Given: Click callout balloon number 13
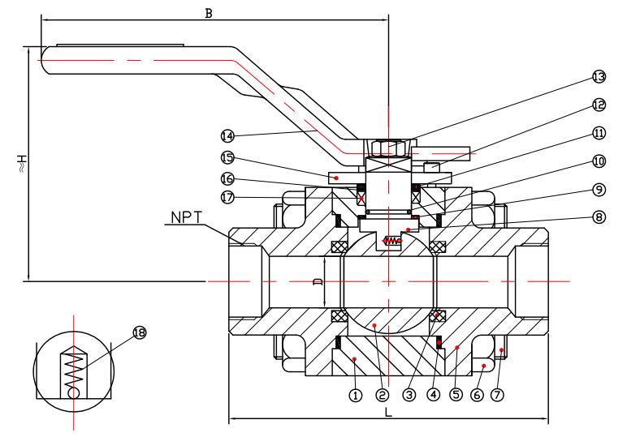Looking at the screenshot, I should tap(599, 77).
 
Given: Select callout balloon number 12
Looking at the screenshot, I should tap(599, 105).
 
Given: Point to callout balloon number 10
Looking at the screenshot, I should tap(599, 161).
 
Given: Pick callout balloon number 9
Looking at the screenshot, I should tap(599, 189).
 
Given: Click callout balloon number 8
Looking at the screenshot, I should tap(599, 216).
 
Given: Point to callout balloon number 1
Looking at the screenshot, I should tap(354, 396).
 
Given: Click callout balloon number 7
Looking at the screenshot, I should tap(497, 396).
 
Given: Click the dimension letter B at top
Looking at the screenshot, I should tap(208, 13).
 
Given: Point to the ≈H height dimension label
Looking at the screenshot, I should tap(22, 164).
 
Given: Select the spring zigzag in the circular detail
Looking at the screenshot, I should tap(75, 365).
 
